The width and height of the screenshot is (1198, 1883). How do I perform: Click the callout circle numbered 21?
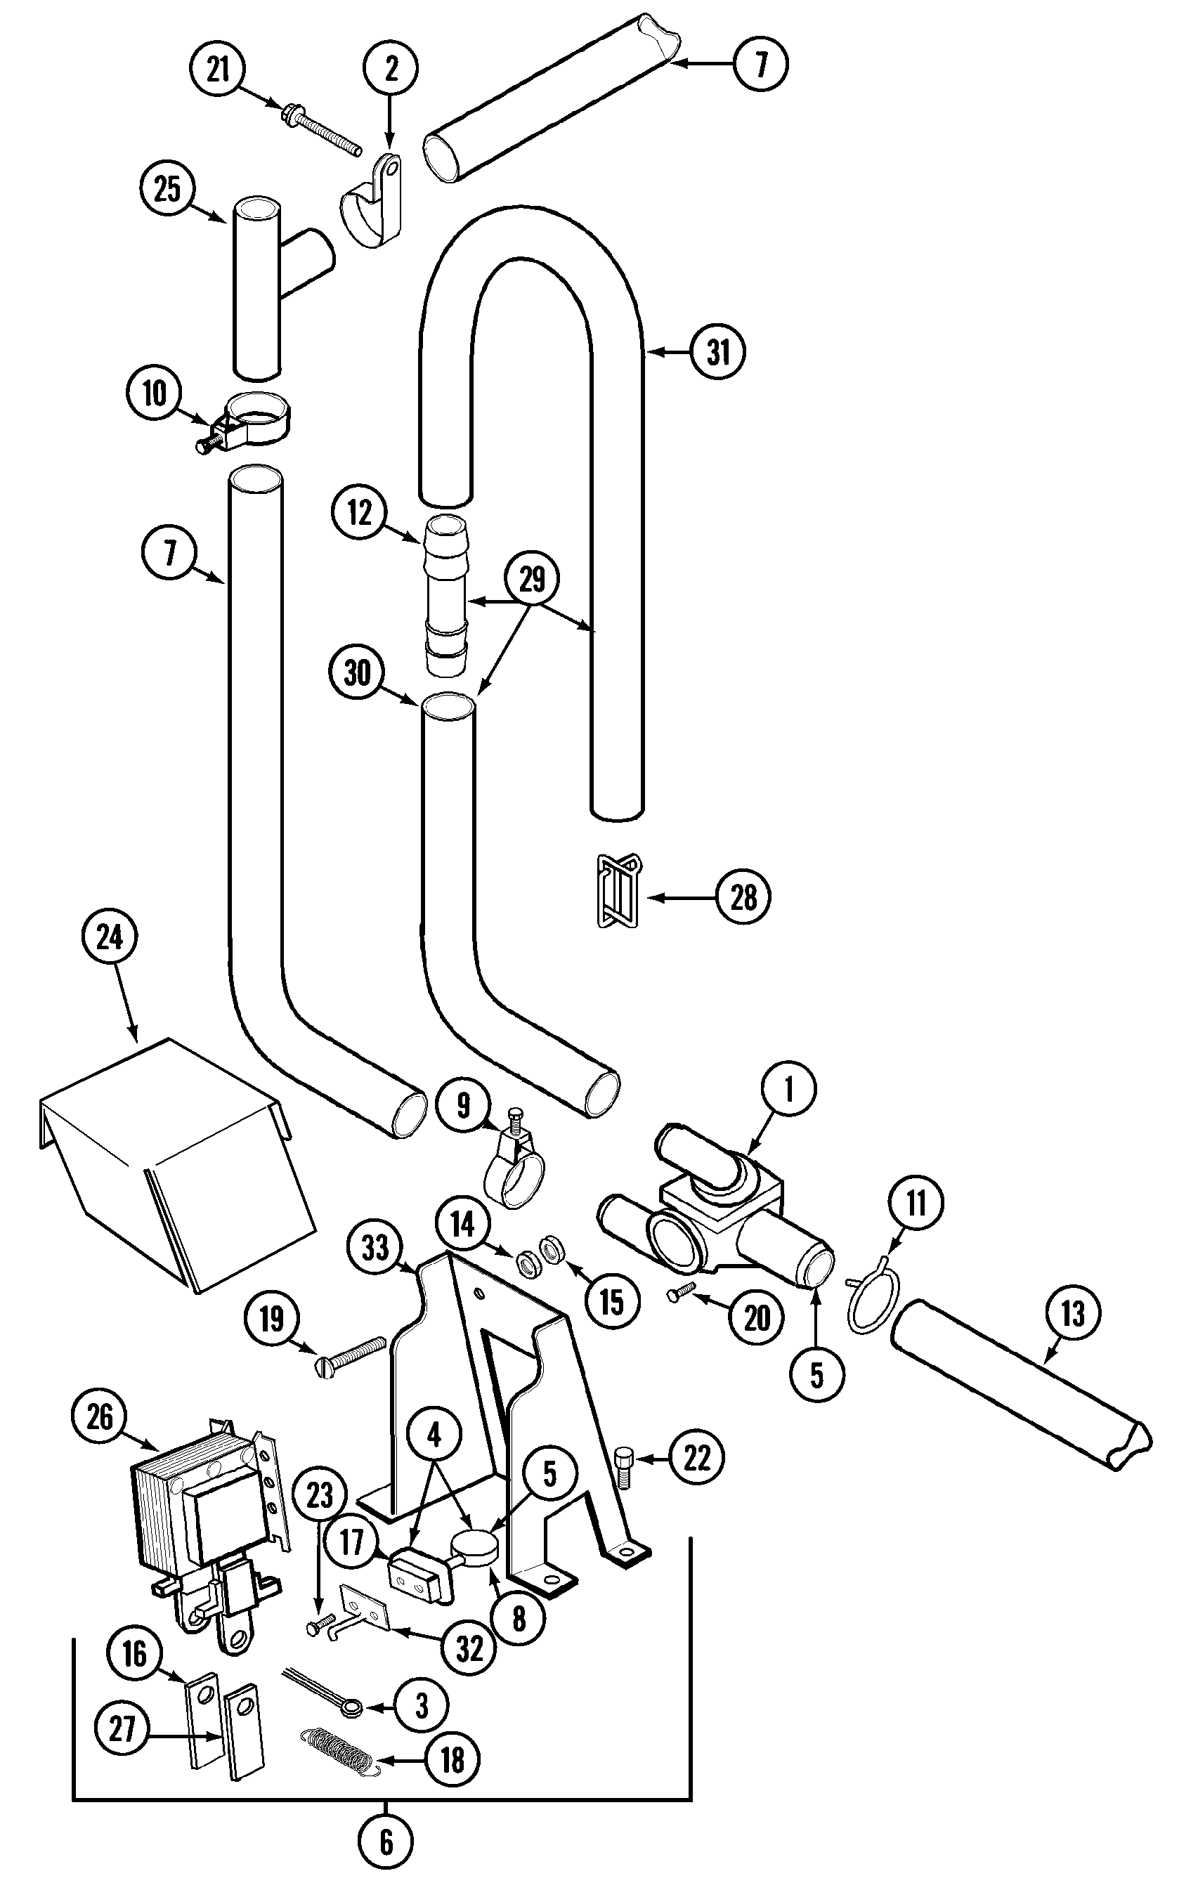coord(217,70)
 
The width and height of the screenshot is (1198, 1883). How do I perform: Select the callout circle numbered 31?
coord(718,352)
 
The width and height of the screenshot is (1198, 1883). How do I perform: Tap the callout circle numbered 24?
coord(110,937)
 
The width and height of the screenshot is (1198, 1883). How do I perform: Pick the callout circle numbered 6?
coord(386,1842)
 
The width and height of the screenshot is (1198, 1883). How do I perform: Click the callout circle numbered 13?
coord(1073,1314)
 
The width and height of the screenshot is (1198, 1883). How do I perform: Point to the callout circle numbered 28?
coord(743,898)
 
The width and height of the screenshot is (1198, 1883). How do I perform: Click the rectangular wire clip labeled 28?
coord(618,891)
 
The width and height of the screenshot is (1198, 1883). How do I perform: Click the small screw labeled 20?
coord(681,1290)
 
